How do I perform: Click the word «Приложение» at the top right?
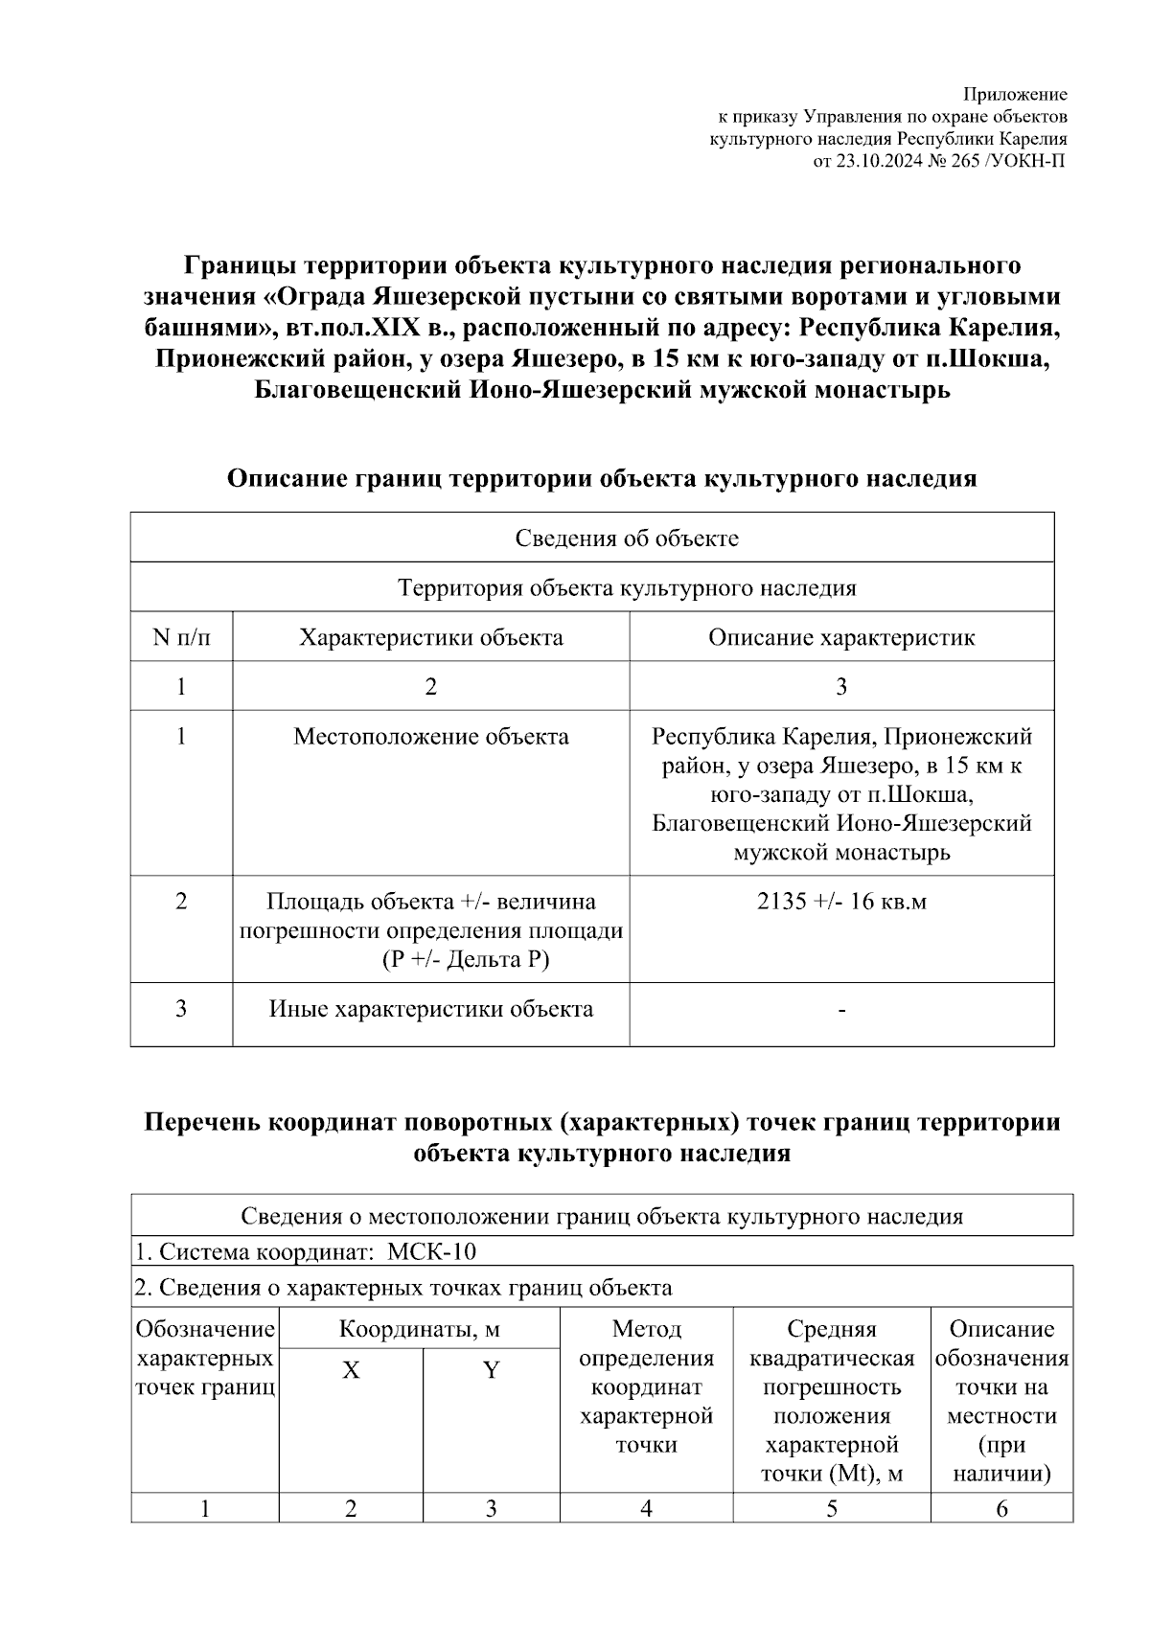pos(1014,95)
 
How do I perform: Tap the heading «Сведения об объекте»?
pos(627,538)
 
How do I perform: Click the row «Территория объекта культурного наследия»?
pos(627,588)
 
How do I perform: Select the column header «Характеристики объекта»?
pos(430,638)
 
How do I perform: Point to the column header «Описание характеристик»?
pos(841,638)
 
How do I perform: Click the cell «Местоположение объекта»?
pos(430,737)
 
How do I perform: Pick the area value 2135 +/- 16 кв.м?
pos(841,902)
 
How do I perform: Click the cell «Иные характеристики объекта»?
pos(430,1009)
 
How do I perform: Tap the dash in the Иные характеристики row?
pos(841,1010)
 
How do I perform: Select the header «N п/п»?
pos(181,638)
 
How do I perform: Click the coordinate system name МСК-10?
pos(431,1252)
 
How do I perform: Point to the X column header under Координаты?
pos(351,1370)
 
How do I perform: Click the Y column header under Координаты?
pos(491,1370)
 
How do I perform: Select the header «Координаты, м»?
pos(419,1330)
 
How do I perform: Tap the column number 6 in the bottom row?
pos(1001,1509)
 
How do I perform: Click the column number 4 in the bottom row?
pos(646,1509)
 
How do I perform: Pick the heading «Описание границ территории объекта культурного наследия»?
pos(601,478)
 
